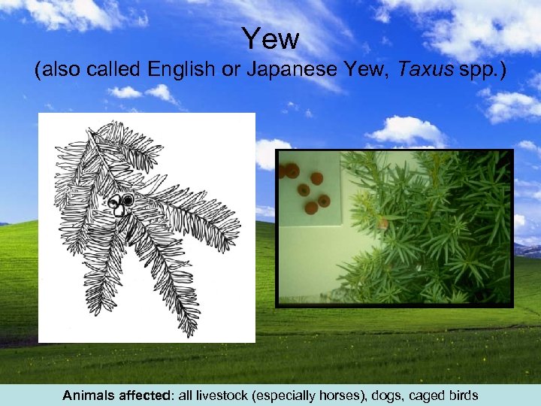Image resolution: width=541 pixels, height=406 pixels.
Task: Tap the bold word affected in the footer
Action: tap(144, 395)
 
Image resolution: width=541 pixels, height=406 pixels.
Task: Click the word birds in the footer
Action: tap(461, 395)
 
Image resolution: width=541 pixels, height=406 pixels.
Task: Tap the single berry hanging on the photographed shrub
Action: tap(383, 223)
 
